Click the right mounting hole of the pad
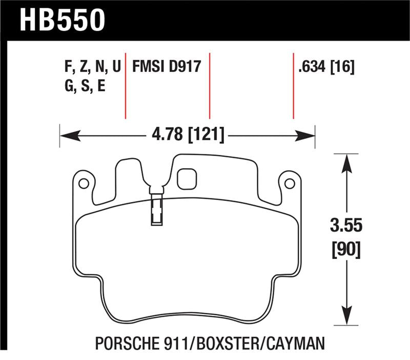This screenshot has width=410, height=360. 289,183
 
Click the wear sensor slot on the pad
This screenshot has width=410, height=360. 156,210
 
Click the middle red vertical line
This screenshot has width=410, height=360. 209,85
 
